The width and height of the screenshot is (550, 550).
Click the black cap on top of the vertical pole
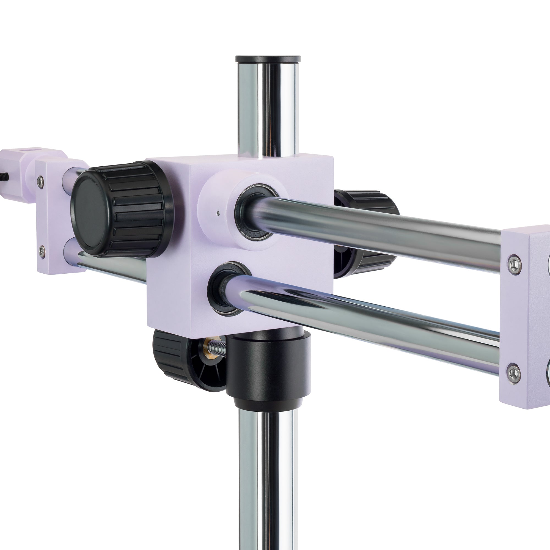268,59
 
